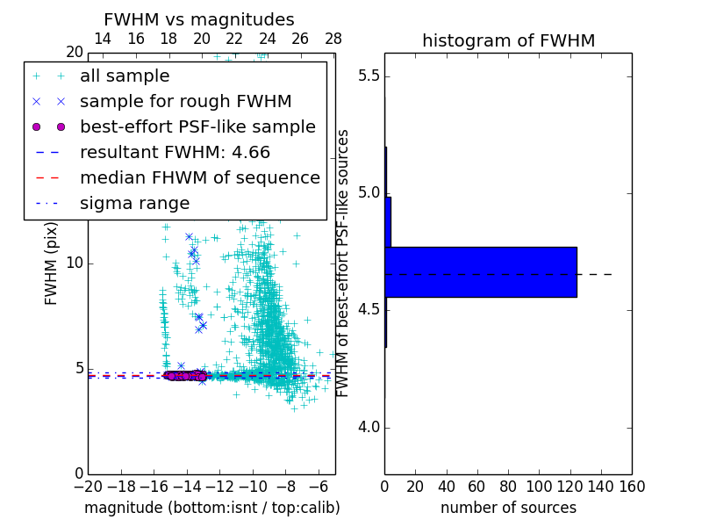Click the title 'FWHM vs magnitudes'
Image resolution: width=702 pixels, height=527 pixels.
199,19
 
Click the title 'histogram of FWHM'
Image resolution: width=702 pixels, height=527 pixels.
508,40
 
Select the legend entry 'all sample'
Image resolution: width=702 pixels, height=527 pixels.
125,76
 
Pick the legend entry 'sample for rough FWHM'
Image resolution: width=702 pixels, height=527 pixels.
185,102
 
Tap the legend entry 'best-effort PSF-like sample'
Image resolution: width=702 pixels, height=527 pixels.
197,127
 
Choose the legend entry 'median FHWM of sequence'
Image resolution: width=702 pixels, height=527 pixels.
199,178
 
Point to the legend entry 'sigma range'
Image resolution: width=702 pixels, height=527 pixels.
134,204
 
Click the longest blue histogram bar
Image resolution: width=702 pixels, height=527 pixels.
481,271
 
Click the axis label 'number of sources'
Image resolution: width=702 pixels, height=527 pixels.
508,508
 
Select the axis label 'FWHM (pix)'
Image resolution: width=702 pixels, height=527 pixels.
52,263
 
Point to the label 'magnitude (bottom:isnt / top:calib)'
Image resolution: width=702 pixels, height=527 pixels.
211,508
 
